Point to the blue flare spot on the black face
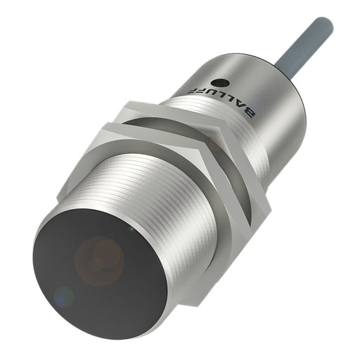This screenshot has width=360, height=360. [65, 295]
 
